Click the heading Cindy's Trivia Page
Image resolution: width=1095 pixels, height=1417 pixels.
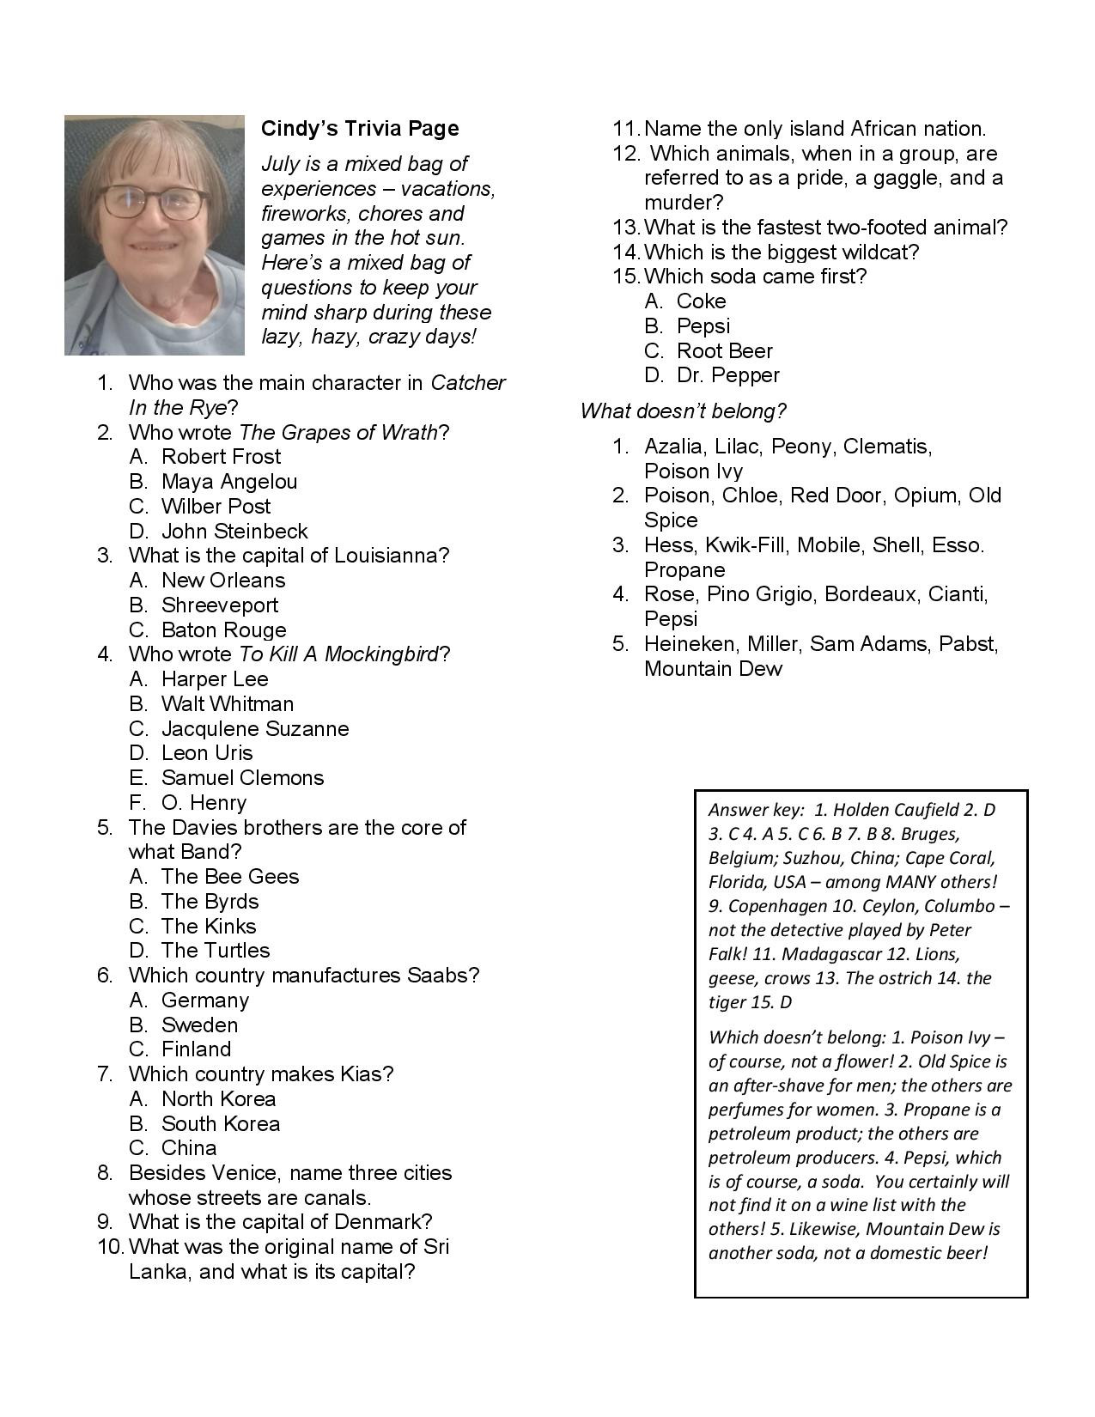360,129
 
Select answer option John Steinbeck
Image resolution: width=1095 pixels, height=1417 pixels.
234,531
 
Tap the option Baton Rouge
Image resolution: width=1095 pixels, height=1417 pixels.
223,629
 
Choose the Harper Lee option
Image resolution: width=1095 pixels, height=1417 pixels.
215,679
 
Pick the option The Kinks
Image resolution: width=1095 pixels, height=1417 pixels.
208,926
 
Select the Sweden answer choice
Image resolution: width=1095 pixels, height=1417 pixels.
199,1025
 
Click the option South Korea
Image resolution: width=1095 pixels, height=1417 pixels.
220,1123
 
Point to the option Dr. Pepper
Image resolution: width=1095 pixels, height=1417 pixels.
727,375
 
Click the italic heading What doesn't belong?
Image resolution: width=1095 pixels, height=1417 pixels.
683,411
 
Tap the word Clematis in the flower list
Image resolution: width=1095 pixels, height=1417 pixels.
887,447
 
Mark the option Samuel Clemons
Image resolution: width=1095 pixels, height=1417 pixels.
242,778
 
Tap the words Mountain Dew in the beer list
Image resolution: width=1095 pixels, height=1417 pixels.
713,669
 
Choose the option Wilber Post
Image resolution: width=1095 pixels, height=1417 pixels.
216,507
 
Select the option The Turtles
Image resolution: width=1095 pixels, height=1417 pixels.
215,951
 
